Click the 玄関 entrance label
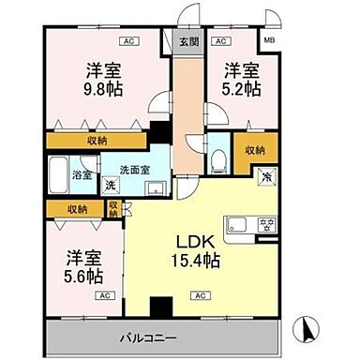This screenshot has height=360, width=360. click(187, 42)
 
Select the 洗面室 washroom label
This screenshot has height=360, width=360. click(132, 170)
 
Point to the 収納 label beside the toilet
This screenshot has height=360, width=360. click(253, 150)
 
